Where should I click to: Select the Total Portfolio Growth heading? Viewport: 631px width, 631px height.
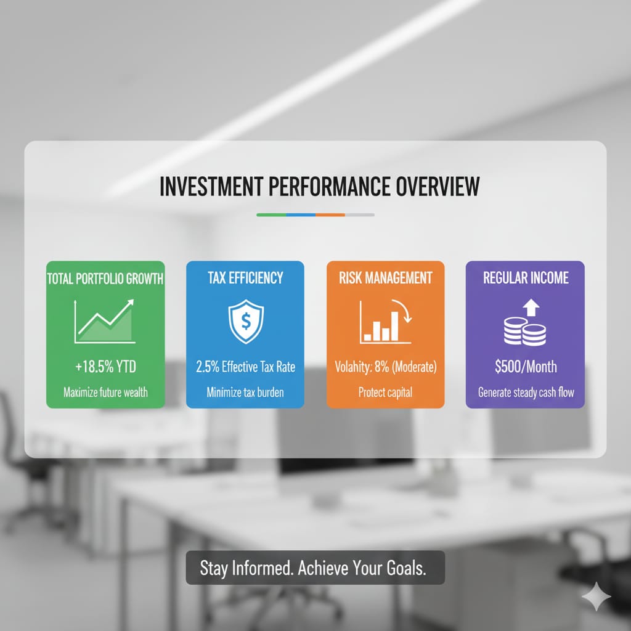[105, 279]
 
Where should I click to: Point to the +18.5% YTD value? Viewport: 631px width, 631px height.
[105, 367]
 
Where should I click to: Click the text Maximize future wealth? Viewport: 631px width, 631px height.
[105, 393]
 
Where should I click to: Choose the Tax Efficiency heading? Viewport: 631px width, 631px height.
[245, 279]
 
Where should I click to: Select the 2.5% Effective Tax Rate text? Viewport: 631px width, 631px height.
[245, 367]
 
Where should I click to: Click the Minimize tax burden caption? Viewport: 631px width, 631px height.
[245, 393]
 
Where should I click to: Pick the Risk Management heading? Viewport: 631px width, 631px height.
[385, 279]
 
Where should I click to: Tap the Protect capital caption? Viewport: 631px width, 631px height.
[385, 393]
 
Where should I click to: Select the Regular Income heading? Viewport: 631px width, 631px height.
[526, 279]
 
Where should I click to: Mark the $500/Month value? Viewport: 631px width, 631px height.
[526, 367]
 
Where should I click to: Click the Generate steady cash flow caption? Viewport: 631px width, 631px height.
[526, 393]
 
